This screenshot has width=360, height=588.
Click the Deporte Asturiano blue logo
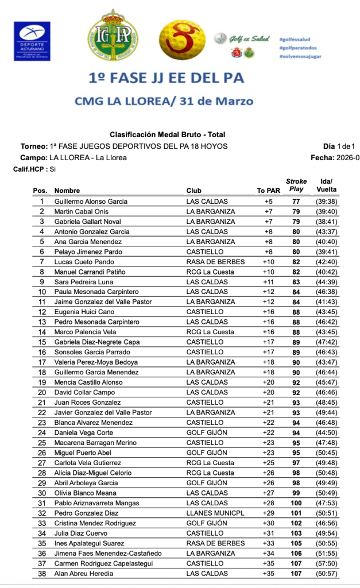click(x=32, y=41)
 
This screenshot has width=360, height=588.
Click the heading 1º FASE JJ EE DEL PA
click(x=166, y=77)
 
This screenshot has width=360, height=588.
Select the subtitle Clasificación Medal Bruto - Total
click(x=167, y=135)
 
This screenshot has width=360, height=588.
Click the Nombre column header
click(x=67, y=191)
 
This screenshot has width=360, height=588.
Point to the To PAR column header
click(x=268, y=191)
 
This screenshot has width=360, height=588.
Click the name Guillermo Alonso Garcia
click(x=91, y=202)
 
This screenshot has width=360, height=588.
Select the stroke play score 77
click(x=296, y=202)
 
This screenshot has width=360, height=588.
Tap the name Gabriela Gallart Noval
click(x=87, y=222)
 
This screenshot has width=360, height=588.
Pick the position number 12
click(x=42, y=312)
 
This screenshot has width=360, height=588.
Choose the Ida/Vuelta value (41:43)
click(x=326, y=302)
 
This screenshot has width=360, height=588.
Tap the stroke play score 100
click(x=296, y=503)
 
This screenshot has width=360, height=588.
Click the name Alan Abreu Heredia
click(x=84, y=573)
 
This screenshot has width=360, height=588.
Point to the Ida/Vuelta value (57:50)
click(x=326, y=563)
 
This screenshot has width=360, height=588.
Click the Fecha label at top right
click(x=326, y=157)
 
